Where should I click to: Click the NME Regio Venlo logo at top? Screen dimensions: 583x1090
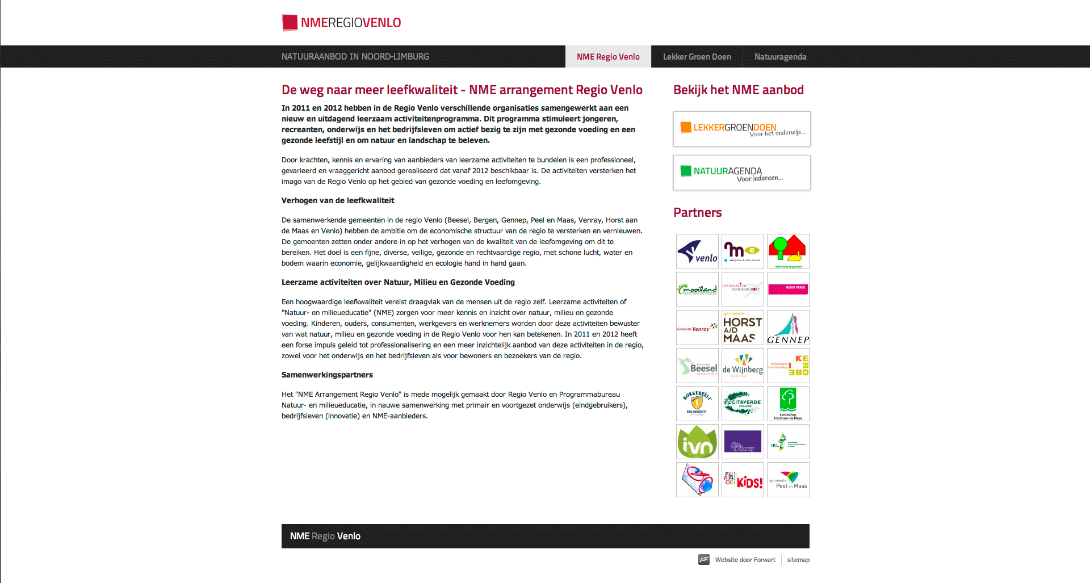(x=341, y=23)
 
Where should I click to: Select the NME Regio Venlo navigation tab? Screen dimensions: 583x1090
(x=608, y=57)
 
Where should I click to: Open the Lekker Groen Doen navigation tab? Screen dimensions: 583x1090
(x=697, y=57)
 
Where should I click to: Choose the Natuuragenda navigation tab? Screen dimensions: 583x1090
(x=780, y=57)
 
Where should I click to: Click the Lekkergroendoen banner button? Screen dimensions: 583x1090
(x=741, y=129)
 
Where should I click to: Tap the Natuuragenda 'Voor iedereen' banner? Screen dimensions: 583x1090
(x=741, y=173)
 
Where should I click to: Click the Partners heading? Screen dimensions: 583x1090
(x=697, y=212)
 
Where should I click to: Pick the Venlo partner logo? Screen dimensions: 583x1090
(x=697, y=251)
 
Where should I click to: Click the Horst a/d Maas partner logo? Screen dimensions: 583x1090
(x=743, y=328)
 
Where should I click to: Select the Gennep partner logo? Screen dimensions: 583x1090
(x=788, y=328)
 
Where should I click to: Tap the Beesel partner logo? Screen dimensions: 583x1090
(x=697, y=366)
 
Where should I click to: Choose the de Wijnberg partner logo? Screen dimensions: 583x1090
(x=743, y=366)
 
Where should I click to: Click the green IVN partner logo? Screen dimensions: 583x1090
(x=697, y=442)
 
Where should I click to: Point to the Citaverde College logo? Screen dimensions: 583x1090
(x=743, y=404)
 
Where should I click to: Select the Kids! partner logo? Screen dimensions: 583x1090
(x=743, y=480)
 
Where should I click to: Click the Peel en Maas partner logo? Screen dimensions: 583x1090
(x=788, y=480)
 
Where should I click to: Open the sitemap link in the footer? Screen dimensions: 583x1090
(x=798, y=560)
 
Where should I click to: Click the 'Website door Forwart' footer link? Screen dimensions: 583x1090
(x=745, y=560)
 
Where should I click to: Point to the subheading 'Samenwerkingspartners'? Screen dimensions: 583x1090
(x=327, y=375)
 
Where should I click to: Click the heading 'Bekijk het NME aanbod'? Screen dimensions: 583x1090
(x=738, y=90)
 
